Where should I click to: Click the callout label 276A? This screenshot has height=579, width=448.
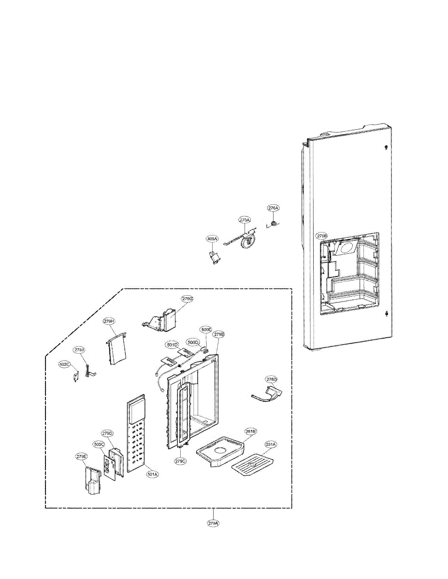coord(274,208)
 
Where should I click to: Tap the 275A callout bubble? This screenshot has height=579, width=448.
coord(245,220)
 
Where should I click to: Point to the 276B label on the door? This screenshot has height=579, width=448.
coord(322,236)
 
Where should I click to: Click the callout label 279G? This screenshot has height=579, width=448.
coord(188,299)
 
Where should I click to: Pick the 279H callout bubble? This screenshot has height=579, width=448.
coord(109,321)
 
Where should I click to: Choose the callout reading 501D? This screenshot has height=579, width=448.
coord(173,345)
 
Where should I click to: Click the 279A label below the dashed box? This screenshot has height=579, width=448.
coord(214,523)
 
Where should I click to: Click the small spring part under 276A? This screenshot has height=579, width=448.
coord(274,224)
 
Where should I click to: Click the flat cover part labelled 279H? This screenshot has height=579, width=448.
coord(116,348)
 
